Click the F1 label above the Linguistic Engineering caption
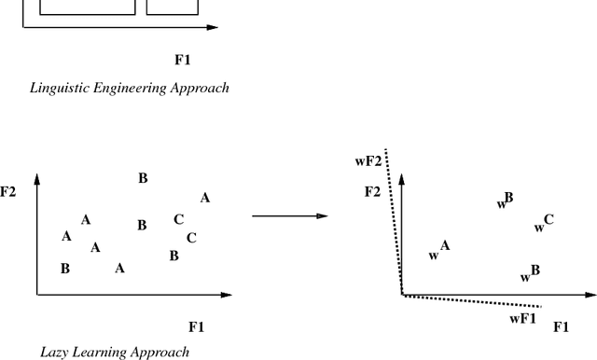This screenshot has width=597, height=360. click(183, 61)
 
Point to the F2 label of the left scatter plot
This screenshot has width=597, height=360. click(8, 192)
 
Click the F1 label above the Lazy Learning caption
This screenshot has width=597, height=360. click(196, 326)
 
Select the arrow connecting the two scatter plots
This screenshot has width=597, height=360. click(289, 216)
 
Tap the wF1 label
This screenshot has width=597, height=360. click(522, 319)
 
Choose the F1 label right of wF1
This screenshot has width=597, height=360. click(562, 326)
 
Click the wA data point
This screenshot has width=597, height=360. click(439, 250)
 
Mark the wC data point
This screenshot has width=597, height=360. click(544, 224)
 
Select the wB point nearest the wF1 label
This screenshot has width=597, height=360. click(530, 274)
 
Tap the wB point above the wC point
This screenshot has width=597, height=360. click(504, 201)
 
